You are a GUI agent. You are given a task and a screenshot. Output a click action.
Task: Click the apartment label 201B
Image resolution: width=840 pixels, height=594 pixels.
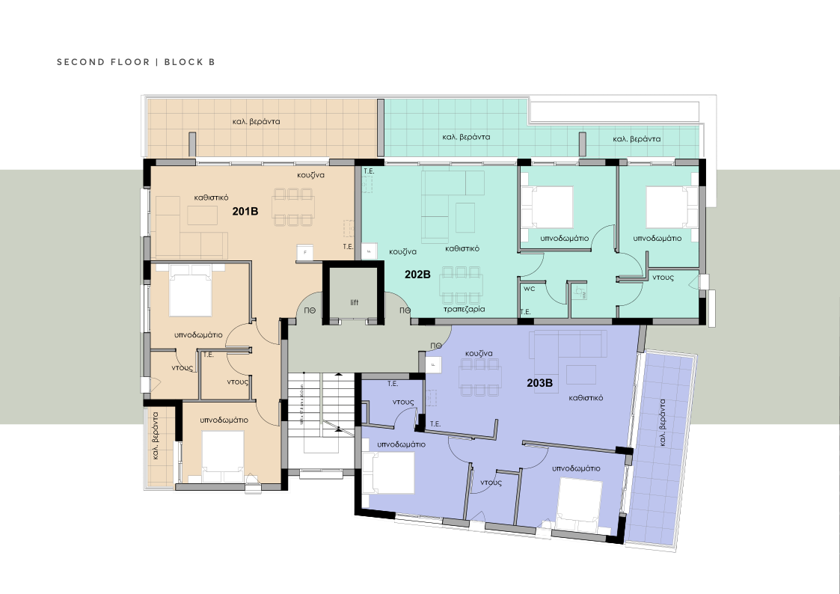(x=245, y=212)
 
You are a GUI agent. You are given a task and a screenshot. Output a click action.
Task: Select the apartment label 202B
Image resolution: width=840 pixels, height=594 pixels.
(x=417, y=275)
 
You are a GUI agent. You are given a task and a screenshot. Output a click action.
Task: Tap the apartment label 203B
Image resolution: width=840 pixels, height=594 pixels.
(x=539, y=383)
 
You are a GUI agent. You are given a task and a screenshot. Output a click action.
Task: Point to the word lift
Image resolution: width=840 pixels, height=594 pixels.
(x=355, y=303)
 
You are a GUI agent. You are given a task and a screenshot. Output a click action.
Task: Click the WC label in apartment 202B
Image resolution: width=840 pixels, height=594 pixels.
(x=529, y=288)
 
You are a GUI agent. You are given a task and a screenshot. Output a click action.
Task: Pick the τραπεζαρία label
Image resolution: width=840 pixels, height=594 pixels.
(x=465, y=308)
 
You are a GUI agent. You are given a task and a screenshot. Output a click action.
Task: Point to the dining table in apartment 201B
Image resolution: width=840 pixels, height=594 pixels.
(x=292, y=206)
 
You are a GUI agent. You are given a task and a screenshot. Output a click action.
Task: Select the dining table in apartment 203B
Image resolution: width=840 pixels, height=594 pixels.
(x=480, y=376)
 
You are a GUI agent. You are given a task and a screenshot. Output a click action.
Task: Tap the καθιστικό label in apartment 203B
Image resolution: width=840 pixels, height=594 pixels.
(x=586, y=399)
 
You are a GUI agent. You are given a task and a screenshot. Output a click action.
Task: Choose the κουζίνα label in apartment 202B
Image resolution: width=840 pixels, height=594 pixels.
(x=402, y=252)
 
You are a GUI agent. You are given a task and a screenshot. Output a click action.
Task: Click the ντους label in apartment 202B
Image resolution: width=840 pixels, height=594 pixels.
(x=663, y=277)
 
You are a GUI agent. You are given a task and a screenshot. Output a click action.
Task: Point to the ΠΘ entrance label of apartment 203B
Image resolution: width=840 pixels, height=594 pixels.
(x=435, y=345)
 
